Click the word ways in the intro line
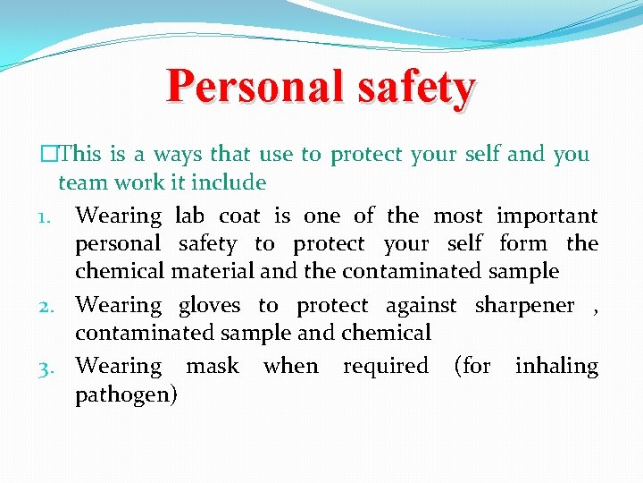pos(177,154)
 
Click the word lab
pos(189,216)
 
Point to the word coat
pos(240,216)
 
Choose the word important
pos(547,216)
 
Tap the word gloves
pos(209,305)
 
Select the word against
pos(421,305)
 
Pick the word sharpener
pos(524,306)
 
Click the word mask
pos(212,366)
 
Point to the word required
pos(385,367)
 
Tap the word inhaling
pos(556,367)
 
